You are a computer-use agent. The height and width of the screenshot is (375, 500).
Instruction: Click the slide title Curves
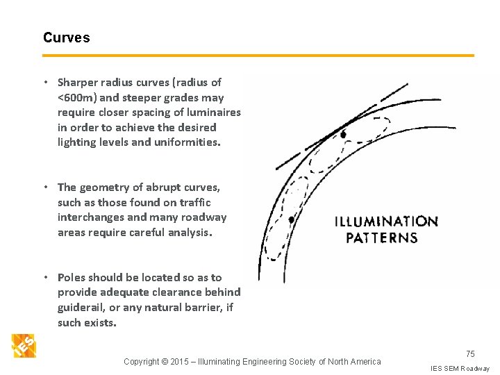[x=66, y=37]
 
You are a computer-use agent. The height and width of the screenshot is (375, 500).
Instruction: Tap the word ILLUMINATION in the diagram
[x=386, y=222]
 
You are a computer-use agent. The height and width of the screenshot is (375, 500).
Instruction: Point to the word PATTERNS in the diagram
[x=382, y=237]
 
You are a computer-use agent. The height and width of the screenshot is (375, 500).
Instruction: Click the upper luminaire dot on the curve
[x=343, y=133]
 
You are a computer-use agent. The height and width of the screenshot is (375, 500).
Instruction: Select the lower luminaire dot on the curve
[x=292, y=219]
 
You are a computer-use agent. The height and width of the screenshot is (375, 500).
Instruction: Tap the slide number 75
[x=470, y=354]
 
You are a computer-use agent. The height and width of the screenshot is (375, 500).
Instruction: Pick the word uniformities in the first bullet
[x=187, y=142]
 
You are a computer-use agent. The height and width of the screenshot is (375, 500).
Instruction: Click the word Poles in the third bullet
[x=72, y=278]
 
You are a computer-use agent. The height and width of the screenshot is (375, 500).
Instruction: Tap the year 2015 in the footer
[x=180, y=361]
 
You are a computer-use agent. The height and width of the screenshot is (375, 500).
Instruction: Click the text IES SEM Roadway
[x=460, y=368]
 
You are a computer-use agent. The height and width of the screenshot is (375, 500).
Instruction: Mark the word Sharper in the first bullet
[x=79, y=83]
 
